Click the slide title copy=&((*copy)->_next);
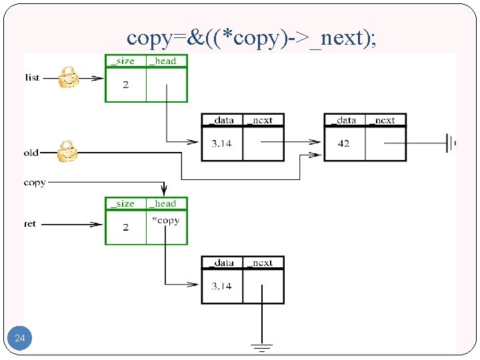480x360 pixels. pyautogui.click(x=251, y=37)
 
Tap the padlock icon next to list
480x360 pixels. pyautogui.click(x=68, y=77)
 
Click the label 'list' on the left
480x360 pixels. pyautogui.click(x=32, y=77)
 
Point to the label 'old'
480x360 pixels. pyautogui.click(x=31, y=153)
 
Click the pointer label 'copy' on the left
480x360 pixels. pyautogui.click(x=35, y=182)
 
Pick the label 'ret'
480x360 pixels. pyautogui.click(x=30, y=224)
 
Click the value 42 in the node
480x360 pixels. pyautogui.click(x=343, y=143)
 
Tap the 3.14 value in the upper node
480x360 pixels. pyautogui.click(x=221, y=143)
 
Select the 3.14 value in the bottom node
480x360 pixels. pyautogui.click(x=221, y=286)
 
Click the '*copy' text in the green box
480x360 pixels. pyautogui.click(x=165, y=220)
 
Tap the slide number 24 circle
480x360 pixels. pyautogui.click(x=20, y=339)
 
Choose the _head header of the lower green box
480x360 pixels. pyautogui.click(x=166, y=203)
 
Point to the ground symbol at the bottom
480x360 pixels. pyautogui.click(x=261, y=346)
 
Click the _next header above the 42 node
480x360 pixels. pyautogui.click(x=385, y=120)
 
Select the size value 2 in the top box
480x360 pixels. pyautogui.click(x=125, y=84)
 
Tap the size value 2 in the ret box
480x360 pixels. pyautogui.click(x=125, y=227)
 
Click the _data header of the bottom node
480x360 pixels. pyautogui.click(x=221, y=263)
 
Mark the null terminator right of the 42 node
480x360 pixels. pyautogui.click(x=451, y=142)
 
